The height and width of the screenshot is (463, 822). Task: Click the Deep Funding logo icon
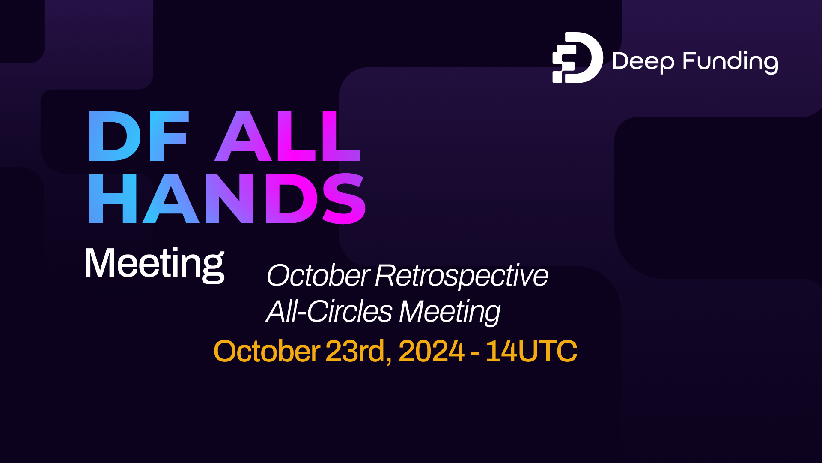(x=577, y=57)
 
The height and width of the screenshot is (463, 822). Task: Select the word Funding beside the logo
(x=730, y=62)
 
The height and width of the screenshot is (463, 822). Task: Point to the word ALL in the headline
(x=288, y=136)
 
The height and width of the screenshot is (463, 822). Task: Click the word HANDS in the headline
(x=227, y=199)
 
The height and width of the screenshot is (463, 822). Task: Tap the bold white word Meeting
(x=155, y=263)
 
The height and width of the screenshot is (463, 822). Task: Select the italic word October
(x=318, y=275)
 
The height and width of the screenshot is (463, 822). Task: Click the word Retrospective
(x=462, y=276)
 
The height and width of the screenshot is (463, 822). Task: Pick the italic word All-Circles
(x=329, y=311)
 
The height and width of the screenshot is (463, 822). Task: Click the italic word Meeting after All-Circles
(x=450, y=312)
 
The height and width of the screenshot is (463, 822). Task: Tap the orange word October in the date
(x=266, y=351)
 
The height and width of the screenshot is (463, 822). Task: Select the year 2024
(x=431, y=351)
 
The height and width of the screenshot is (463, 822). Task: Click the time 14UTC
(x=531, y=351)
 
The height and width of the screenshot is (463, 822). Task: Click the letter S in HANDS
(x=344, y=199)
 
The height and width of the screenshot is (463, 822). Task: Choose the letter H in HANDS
(x=112, y=199)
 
